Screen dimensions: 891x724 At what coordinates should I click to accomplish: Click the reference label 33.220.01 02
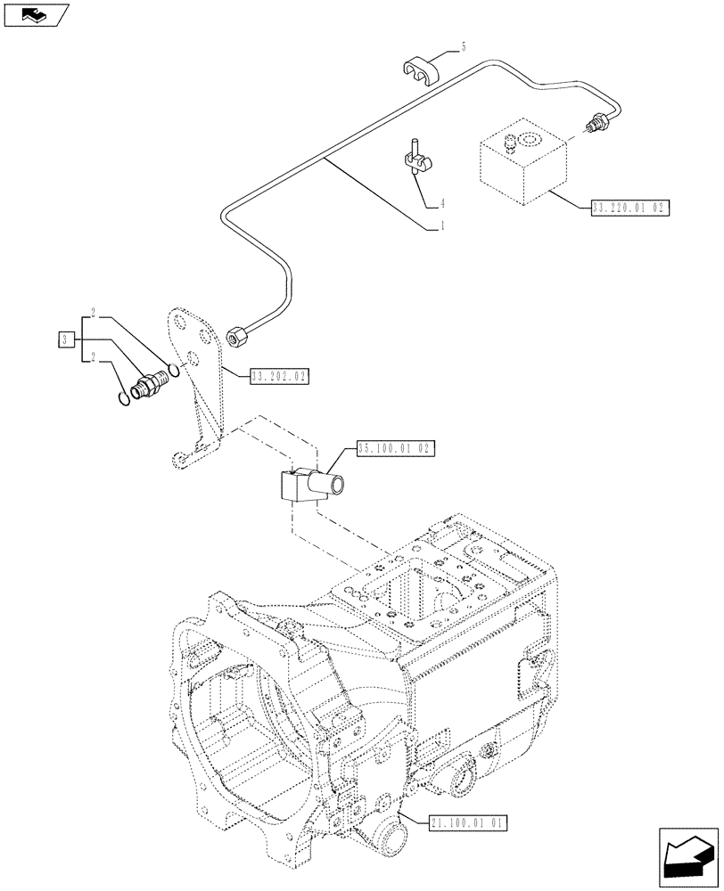coord(629,207)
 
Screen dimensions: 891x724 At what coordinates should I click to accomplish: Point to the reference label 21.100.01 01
coord(467,823)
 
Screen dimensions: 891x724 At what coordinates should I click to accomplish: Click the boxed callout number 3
coord(65,339)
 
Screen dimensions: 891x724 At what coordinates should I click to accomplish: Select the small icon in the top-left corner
coord(36,15)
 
